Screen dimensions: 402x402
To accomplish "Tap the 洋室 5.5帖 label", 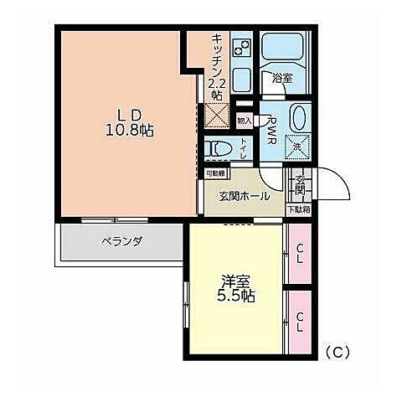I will [236, 289].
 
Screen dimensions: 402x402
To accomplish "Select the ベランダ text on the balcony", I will [121, 241].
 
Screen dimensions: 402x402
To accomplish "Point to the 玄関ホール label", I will [245, 196].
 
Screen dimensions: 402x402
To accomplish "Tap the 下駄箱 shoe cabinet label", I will [298, 209].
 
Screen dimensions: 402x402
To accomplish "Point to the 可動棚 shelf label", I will [215, 174].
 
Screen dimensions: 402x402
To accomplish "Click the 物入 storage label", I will [244, 120].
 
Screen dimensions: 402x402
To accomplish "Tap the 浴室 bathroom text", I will [281, 78].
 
